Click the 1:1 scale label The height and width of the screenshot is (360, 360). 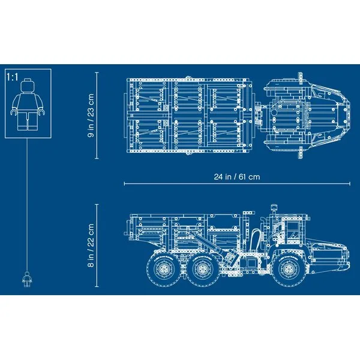point(12,78)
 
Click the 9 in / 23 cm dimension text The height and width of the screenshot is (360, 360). point(91,116)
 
